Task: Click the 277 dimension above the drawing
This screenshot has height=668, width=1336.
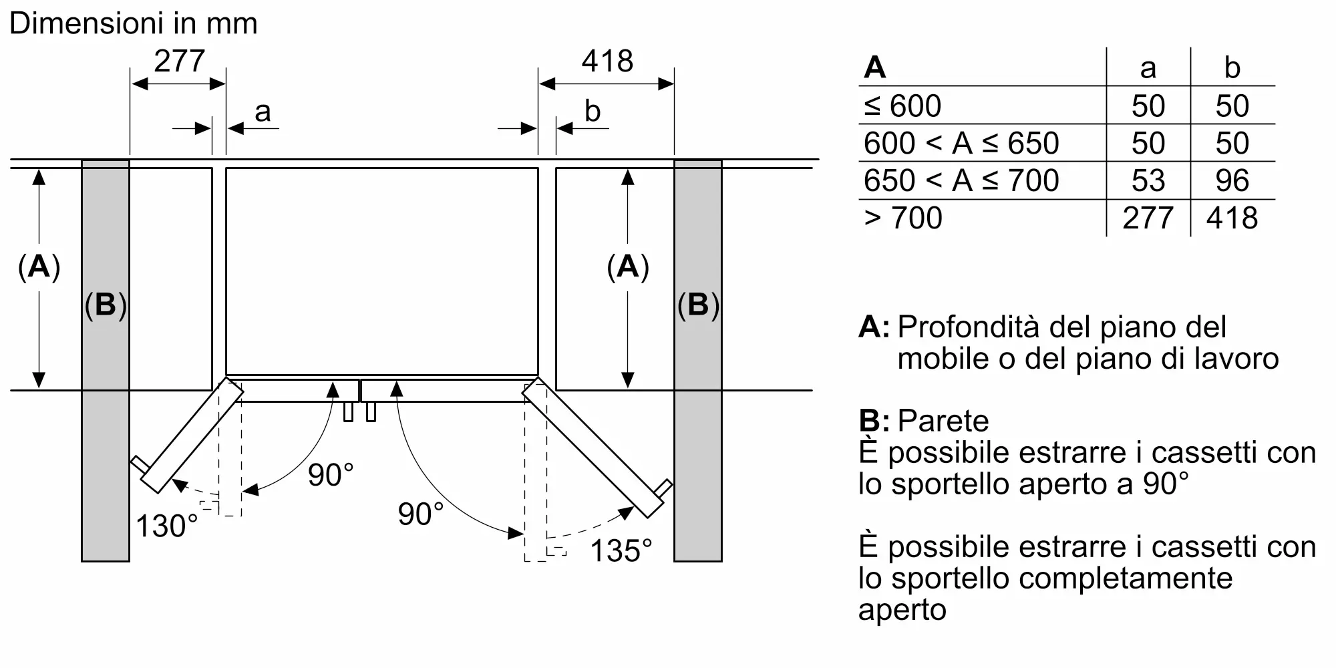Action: tap(179, 61)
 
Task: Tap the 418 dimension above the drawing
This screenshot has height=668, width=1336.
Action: tap(607, 61)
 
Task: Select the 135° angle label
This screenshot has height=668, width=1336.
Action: tap(621, 551)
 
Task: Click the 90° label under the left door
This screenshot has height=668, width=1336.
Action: tap(331, 475)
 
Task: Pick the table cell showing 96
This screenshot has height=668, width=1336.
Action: tap(1232, 180)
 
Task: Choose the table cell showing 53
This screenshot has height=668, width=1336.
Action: tap(1148, 180)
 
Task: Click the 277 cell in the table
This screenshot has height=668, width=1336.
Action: tap(1148, 218)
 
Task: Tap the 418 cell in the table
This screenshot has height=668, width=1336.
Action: tap(1232, 218)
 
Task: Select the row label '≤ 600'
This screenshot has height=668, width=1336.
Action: tap(902, 106)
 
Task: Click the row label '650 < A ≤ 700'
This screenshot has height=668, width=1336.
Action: tap(961, 180)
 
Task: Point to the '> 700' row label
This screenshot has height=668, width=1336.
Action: tap(903, 218)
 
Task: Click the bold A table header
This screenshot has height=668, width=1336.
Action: tap(874, 67)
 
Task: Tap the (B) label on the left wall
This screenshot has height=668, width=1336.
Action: tap(106, 305)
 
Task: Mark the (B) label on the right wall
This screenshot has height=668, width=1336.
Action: tap(698, 305)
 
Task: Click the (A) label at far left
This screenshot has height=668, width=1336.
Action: tap(39, 267)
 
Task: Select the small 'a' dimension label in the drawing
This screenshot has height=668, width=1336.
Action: tap(263, 111)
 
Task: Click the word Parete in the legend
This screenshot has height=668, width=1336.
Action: tap(943, 421)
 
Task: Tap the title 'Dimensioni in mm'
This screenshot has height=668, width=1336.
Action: tap(134, 23)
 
